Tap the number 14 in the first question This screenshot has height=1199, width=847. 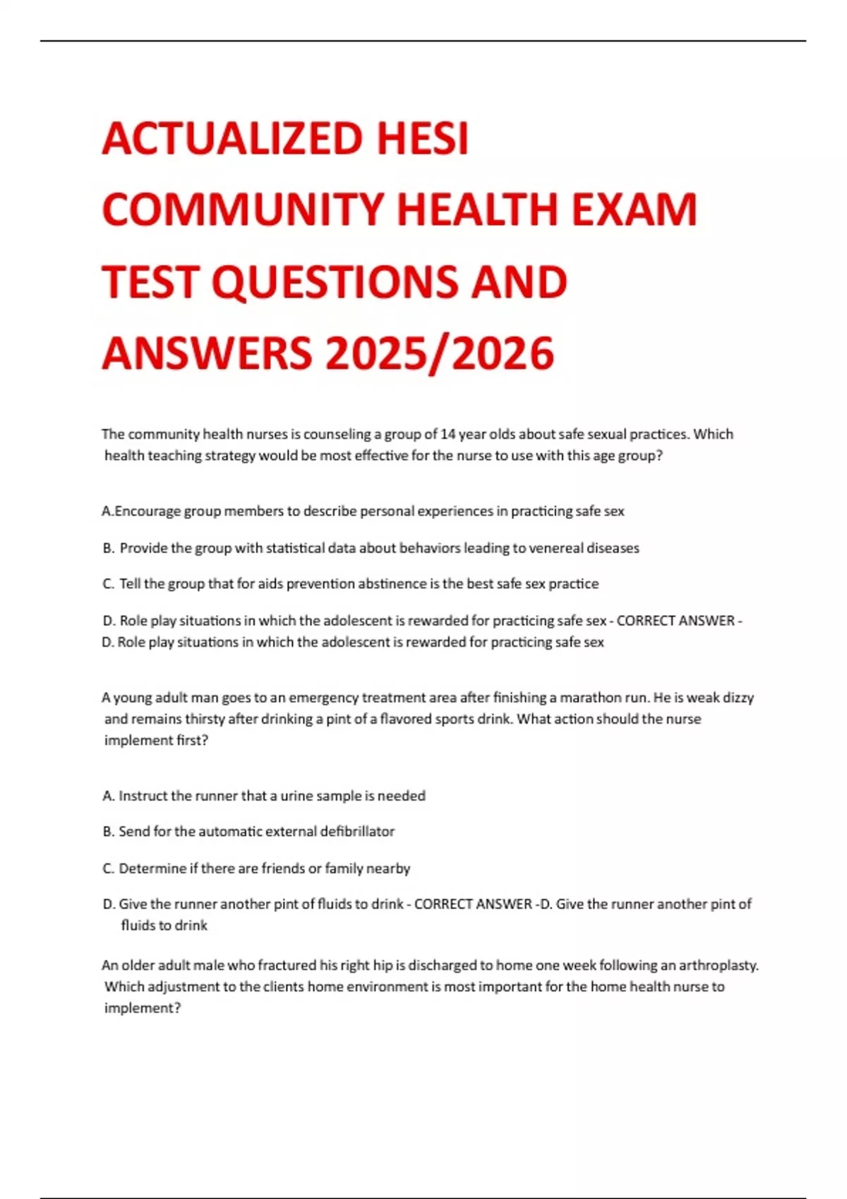(x=447, y=434)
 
